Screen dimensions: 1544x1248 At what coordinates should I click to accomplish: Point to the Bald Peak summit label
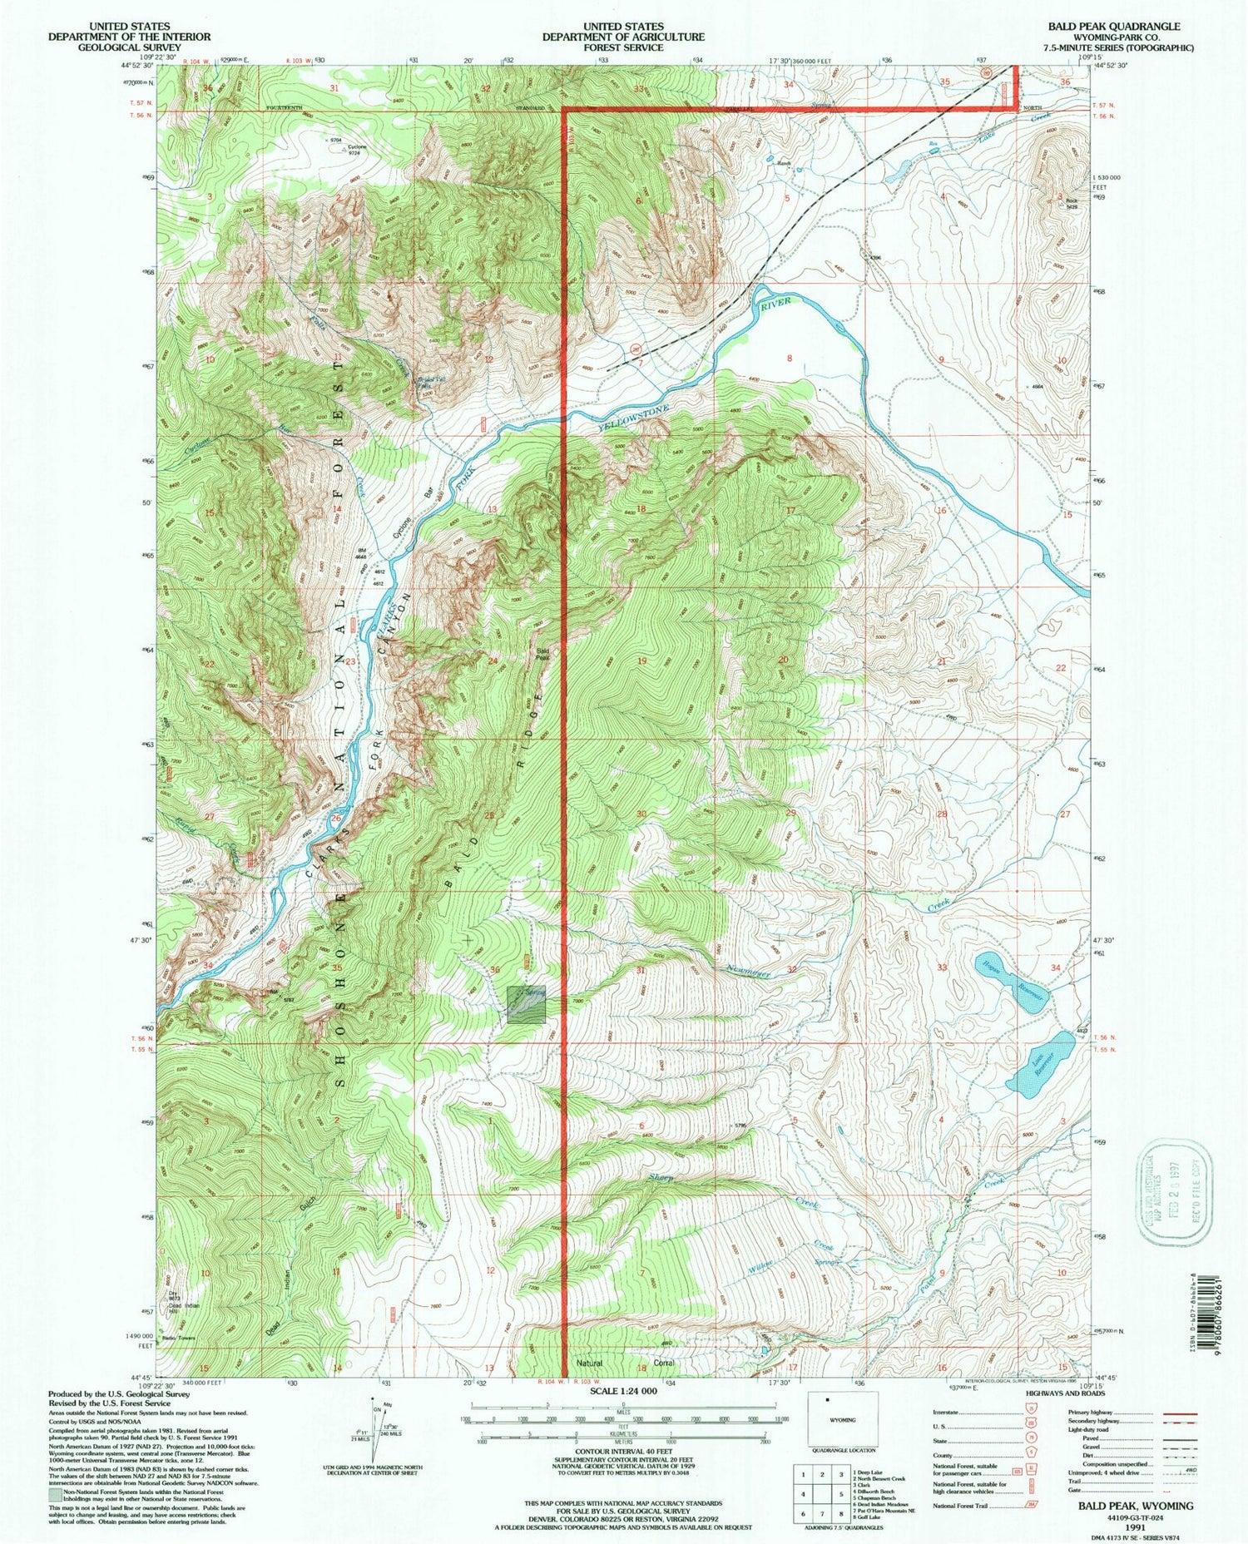[x=542, y=654]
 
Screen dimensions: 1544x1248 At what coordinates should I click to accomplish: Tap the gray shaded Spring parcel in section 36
[x=526, y=1004]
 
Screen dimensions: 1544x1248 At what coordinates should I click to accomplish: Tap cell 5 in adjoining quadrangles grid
[x=820, y=1493]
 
